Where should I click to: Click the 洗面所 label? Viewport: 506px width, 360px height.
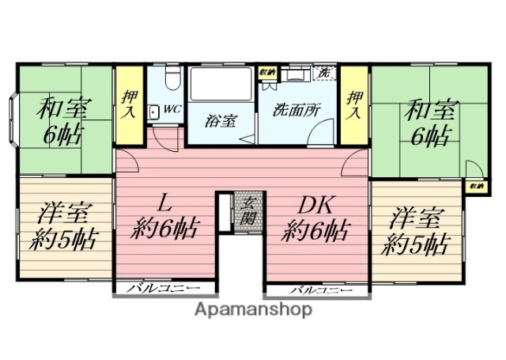pos(297,111)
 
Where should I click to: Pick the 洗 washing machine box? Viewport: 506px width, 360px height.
pos(323,73)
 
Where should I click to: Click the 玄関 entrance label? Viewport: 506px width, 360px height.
pos(247,210)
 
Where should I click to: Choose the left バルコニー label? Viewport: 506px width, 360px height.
pos(163,290)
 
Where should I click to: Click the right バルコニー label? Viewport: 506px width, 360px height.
pos(316,290)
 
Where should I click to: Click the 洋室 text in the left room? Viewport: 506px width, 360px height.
pos(66,213)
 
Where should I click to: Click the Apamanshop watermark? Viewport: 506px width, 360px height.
pos(252,309)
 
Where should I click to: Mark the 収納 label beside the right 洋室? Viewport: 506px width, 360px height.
pos(475,186)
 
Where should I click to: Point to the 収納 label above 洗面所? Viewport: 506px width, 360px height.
pos(266,73)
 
